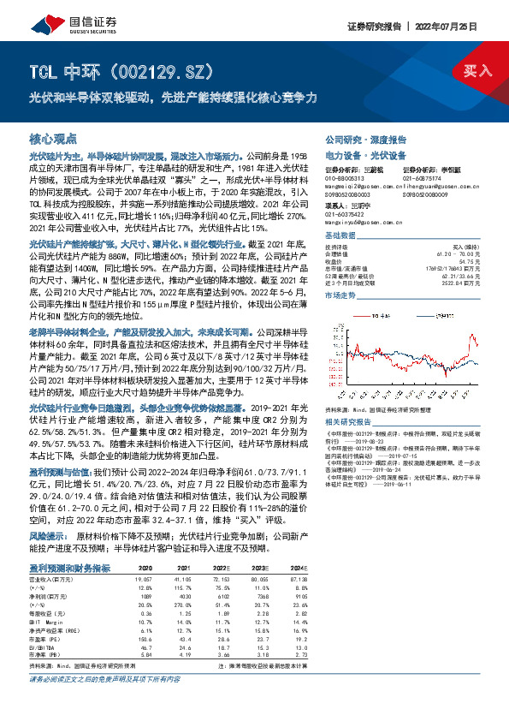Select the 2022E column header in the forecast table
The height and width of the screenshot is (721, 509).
click(x=246, y=568)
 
